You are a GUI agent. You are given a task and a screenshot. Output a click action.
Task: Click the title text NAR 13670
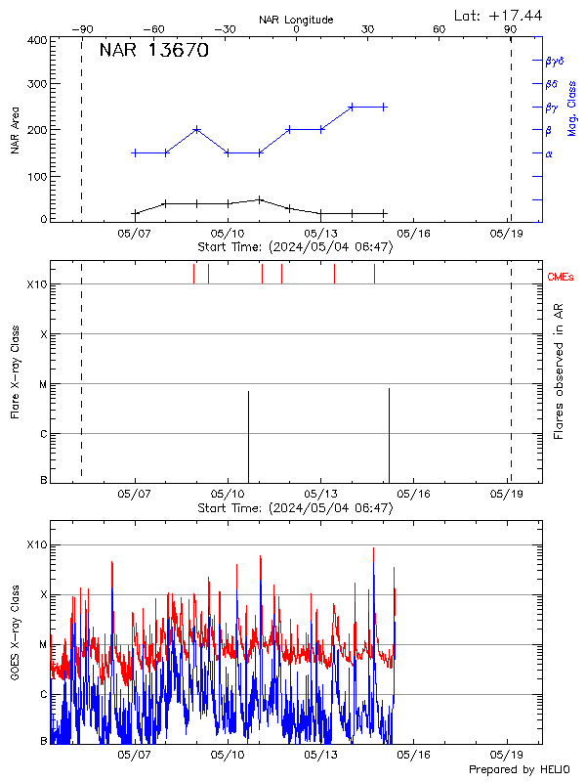(x=154, y=52)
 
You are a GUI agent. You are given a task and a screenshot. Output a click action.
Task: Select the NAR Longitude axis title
(x=296, y=19)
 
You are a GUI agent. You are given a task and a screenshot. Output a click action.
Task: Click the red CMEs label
(x=561, y=278)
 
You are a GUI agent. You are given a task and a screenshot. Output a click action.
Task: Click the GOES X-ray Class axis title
(x=16, y=643)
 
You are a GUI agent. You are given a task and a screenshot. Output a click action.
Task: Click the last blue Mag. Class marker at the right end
(x=385, y=107)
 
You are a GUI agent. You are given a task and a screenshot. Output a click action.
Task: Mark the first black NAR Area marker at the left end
(x=135, y=213)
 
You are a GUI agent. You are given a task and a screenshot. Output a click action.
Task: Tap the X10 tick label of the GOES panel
(x=35, y=544)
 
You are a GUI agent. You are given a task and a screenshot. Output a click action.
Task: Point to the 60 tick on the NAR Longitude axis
(x=439, y=29)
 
